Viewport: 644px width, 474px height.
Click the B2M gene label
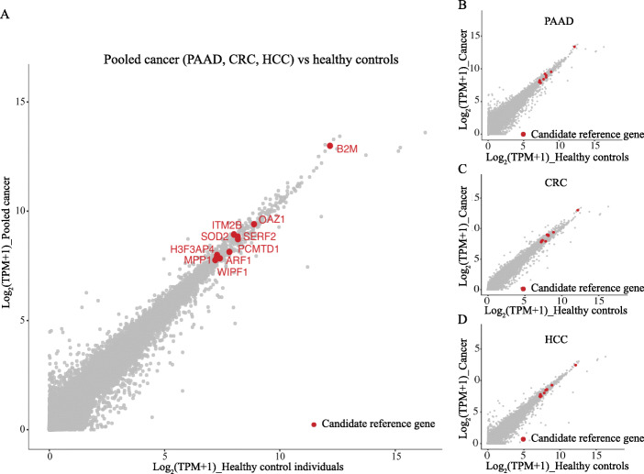point(347,149)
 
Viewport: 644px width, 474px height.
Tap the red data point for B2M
point(330,146)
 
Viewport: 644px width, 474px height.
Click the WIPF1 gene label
point(233,271)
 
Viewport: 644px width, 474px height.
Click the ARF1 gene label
point(239,260)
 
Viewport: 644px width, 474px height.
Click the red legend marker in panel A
point(314,424)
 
